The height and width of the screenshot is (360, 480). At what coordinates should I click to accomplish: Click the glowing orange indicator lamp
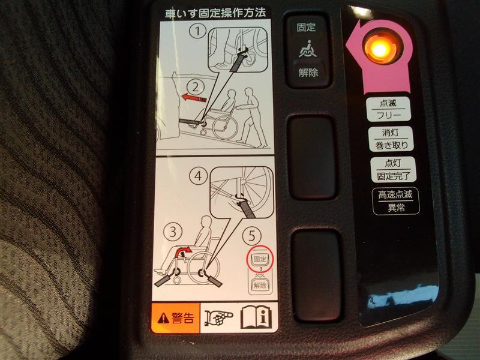379,48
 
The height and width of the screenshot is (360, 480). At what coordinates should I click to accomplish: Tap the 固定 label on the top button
306,27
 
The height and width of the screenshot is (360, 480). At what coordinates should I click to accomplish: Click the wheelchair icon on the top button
308,49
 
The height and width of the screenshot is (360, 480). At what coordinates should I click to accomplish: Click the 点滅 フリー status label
388,109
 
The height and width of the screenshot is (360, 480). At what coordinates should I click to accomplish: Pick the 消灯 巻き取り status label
391,139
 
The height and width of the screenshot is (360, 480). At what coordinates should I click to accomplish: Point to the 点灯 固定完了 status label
393,169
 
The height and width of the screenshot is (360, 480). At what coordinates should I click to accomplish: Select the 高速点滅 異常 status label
395,201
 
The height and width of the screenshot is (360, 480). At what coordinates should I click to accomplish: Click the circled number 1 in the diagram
197,32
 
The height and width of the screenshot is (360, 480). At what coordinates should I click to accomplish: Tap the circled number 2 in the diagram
196,88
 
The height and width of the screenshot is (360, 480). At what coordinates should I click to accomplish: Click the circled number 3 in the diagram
173,232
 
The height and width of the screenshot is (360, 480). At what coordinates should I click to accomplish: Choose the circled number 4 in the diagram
199,176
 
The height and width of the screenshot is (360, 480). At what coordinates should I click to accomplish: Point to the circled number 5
251,236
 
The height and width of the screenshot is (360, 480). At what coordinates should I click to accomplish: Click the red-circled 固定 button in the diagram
260,259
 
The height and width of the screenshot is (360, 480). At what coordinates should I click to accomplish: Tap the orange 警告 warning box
176,319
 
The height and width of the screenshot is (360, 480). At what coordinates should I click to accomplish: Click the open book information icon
256,317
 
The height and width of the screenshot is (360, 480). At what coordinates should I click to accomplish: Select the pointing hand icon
218,318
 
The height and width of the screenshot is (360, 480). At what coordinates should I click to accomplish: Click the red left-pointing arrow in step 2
194,98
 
